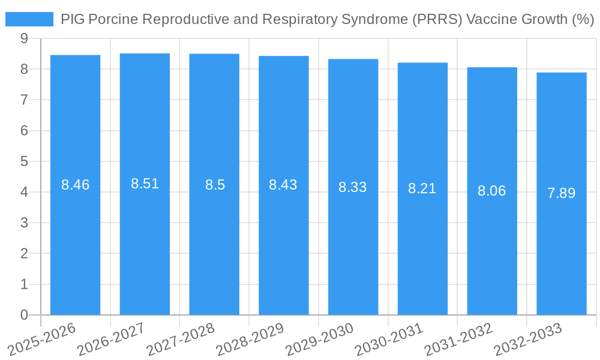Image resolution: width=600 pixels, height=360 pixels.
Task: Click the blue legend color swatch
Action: click(29, 19)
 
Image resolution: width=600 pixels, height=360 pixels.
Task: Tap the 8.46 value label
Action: click(75, 185)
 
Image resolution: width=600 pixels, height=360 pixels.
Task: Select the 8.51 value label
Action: click(145, 184)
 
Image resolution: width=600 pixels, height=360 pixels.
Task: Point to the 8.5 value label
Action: click(215, 185)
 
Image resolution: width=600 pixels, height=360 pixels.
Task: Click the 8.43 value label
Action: click(283, 185)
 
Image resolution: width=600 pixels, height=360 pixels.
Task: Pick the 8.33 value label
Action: click(353, 187)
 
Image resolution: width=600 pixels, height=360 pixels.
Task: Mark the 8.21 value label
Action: click(422, 188)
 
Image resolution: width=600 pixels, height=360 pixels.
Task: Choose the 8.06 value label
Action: click(492, 191)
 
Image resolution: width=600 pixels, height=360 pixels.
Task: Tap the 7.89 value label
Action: click(562, 193)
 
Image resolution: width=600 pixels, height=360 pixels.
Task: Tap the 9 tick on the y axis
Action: click(24, 38)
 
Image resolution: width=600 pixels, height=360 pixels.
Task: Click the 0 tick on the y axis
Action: click(24, 315)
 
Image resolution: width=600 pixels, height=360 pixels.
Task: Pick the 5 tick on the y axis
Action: click(24, 161)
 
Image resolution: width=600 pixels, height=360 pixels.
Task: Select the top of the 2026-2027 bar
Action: click(145, 54)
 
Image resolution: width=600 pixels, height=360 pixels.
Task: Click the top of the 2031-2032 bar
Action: click(492, 68)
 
